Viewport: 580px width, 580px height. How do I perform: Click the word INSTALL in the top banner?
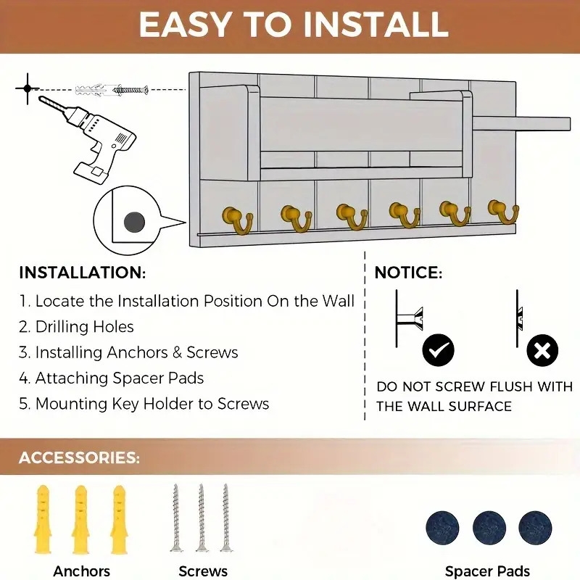[x=376, y=25]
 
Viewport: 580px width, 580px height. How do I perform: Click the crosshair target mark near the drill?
[x=28, y=88]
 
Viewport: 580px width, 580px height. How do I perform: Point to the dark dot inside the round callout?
[x=134, y=223]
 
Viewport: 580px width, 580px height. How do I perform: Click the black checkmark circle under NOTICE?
[x=438, y=350]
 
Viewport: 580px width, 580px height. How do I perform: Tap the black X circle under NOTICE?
[x=542, y=350]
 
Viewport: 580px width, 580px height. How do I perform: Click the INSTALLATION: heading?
[x=83, y=273]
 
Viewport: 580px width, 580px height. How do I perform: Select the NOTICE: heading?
[x=408, y=273]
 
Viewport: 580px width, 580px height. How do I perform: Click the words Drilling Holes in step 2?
[x=84, y=327]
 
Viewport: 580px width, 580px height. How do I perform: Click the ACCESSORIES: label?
[x=79, y=457]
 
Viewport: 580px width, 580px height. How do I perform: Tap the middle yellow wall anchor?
[x=80, y=519]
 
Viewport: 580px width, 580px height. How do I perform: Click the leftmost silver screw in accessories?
[x=176, y=518]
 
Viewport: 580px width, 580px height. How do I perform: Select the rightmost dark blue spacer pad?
[x=535, y=528]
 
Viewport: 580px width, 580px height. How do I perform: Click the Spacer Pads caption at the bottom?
[x=487, y=571]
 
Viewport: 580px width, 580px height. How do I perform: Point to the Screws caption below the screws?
[x=203, y=571]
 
